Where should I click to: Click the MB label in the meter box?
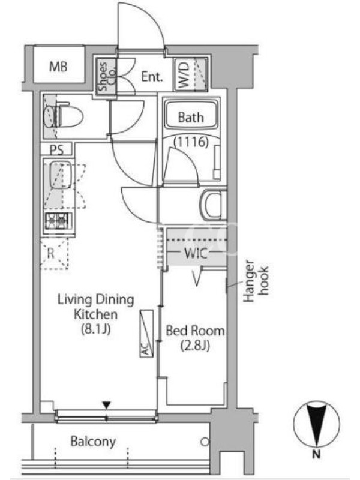58,66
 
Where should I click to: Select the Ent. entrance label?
152,77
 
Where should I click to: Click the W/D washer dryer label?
184,74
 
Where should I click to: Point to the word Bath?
191,117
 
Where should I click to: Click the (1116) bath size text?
191,142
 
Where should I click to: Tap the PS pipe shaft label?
57,149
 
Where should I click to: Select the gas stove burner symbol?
58,220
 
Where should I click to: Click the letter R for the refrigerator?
50,253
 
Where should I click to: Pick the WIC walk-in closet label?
196,253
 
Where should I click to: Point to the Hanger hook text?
256,281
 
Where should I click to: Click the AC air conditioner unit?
146,334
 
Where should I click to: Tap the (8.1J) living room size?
95,329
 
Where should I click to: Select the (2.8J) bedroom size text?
195,346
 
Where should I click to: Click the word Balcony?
93,441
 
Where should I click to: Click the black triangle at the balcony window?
107,405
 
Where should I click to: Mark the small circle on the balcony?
205,442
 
